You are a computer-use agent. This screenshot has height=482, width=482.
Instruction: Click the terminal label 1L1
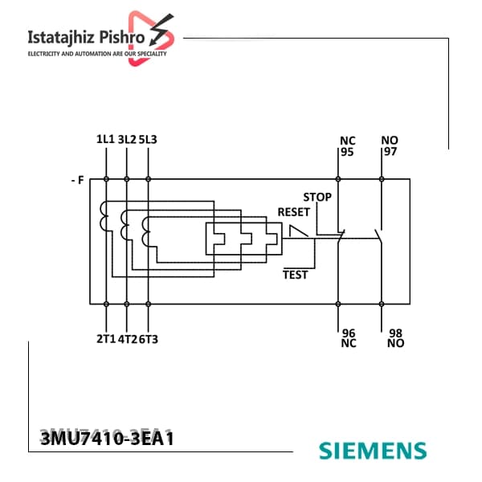(105, 139)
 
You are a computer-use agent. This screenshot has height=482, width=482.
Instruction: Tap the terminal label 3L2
(127, 140)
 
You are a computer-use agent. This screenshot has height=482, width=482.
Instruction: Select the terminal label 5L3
(148, 140)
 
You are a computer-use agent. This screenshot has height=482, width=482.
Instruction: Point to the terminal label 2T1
(106, 339)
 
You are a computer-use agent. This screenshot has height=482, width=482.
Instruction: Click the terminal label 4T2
(127, 339)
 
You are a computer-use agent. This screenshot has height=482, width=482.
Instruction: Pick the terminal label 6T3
(149, 339)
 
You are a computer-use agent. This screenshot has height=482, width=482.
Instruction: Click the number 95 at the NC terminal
(347, 152)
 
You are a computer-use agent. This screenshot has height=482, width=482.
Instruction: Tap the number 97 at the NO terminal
(390, 152)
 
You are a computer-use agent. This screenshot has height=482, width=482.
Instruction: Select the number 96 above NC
(349, 333)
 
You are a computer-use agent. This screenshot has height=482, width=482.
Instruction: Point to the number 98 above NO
(395, 333)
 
